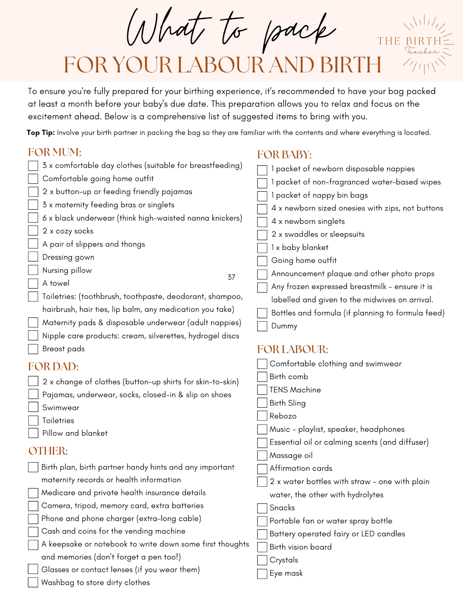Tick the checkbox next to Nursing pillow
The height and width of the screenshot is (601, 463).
33,270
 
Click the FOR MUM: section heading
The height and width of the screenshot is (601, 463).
55,152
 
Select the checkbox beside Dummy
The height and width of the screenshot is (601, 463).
262,326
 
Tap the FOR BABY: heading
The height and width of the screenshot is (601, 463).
284,155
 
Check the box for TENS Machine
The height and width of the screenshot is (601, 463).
262,390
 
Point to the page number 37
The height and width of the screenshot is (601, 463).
231,277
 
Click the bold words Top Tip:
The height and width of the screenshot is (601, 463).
41,133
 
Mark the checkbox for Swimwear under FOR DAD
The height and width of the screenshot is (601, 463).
33,408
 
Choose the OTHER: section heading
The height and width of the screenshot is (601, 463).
48,451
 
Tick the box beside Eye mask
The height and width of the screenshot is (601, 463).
262,574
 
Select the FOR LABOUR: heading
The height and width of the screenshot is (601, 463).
293,349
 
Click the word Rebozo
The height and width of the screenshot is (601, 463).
283,416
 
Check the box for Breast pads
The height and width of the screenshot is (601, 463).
33,349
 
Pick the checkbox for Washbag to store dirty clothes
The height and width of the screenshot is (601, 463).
33,583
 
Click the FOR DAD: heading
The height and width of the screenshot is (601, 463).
53,367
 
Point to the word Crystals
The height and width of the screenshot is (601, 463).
284,560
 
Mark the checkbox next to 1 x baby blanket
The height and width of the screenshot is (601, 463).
262,248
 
